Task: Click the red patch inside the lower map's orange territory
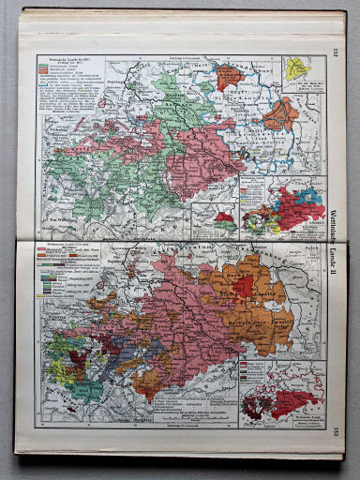point(243,284)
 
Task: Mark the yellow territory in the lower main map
point(58,370)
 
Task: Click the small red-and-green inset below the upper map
point(225,221)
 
